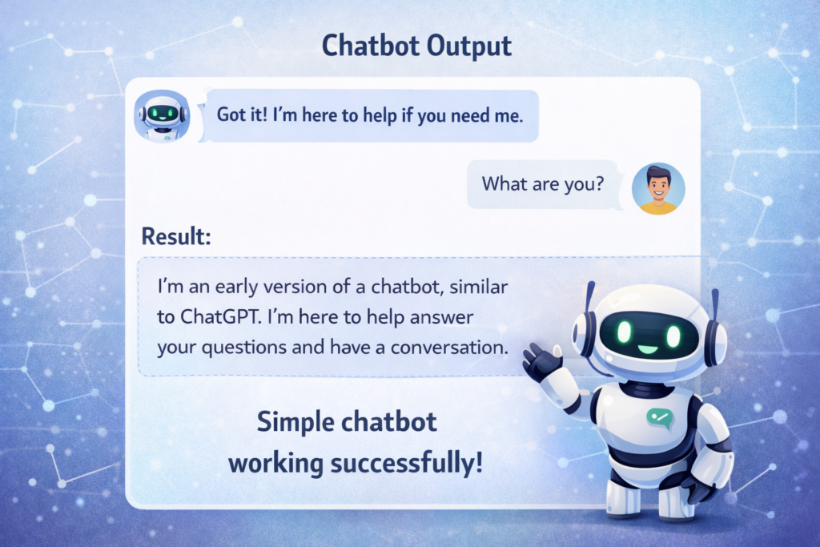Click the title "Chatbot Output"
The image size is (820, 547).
click(416, 46)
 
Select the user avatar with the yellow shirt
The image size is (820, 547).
click(658, 189)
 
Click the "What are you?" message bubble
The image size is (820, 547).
click(542, 184)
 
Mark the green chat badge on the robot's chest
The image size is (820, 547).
click(661, 416)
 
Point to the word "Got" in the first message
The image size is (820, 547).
click(232, 115)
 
